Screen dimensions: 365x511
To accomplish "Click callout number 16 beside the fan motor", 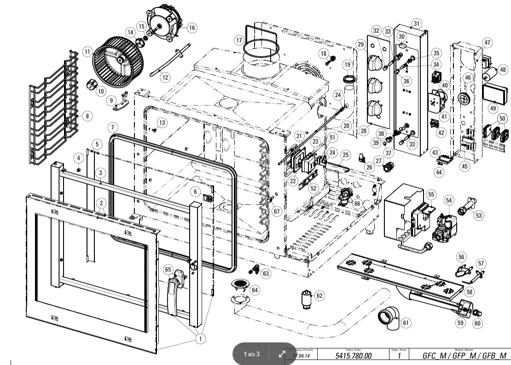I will coord(192,28).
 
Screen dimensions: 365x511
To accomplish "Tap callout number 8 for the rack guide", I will coord(87,116).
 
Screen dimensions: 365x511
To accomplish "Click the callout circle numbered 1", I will coord(200,339).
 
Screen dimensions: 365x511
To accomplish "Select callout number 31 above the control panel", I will coord(417,23).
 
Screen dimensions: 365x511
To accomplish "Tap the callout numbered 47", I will coord(487,41).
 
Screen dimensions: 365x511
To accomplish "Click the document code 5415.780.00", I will coord(354,356).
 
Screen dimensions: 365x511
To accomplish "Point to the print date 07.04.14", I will coord(302,356).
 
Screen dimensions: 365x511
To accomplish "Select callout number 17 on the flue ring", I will coord(238,40).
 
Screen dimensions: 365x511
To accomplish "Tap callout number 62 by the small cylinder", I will coord(319,295).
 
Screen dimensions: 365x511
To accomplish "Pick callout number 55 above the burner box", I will coord(430,194).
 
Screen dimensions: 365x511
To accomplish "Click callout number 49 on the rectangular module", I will coord(493,108).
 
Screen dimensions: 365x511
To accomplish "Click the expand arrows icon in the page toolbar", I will coord(282,354).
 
